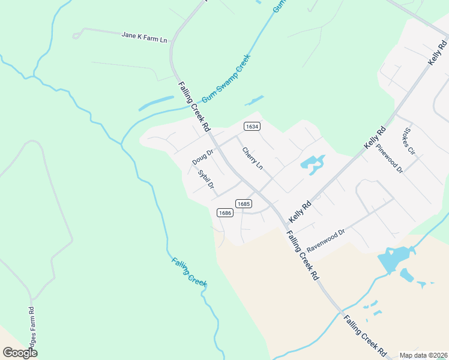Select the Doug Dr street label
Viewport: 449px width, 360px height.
[x=203, y=157]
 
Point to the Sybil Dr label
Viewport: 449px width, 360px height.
[x=206, y=179]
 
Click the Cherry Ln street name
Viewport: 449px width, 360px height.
[x=253, y=158]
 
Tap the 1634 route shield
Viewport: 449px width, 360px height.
[x=252, y=126]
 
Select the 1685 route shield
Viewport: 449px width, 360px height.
[x=243, y=204]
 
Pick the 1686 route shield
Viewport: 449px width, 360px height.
[x=225, y=212]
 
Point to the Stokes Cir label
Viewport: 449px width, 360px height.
[x=410, y=140]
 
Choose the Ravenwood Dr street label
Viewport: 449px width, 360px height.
[x=326, y=240]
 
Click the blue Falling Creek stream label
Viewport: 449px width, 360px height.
[x=189, y=271]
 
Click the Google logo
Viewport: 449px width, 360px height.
[x=20, y=353]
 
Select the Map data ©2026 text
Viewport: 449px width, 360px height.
[x=423, y=355]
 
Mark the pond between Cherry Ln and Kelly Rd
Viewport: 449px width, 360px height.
[x=312, y=163]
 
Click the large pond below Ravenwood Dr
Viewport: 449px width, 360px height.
[x=390, y=260]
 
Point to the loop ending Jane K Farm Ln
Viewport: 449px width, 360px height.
[x=76, y=35]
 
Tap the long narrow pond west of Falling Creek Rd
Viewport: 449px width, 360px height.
[x=156, y=103]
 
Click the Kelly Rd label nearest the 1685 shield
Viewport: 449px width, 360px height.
[x=300, y=211]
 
